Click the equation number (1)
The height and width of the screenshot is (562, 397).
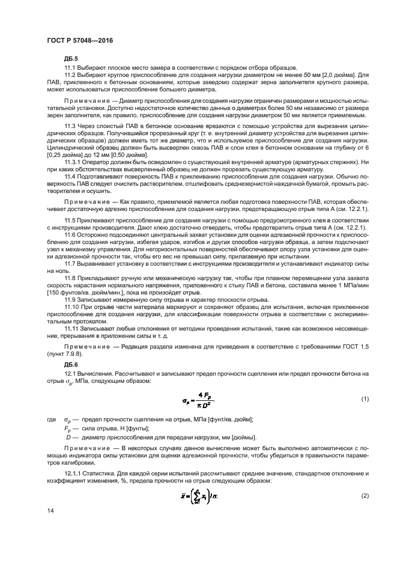point(363,399)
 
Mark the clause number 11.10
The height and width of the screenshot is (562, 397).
point(73,306)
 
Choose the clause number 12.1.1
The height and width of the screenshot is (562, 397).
point(74,473)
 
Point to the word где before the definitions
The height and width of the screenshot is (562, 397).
point(50,419)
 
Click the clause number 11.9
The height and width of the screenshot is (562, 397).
point(71,299)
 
